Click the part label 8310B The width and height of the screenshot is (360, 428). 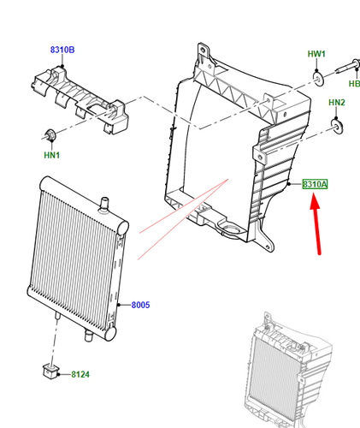(62, 49)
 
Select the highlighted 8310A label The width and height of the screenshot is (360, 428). (315, 185)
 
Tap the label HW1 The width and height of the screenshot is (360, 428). (317, 54)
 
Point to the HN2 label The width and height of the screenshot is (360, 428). (337, 104)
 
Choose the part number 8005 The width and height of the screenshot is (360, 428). (140, 306)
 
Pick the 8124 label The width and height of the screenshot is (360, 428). (81, 374)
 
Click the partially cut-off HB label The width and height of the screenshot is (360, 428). (353, 84)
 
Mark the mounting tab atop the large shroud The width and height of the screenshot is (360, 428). (204, 51)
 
